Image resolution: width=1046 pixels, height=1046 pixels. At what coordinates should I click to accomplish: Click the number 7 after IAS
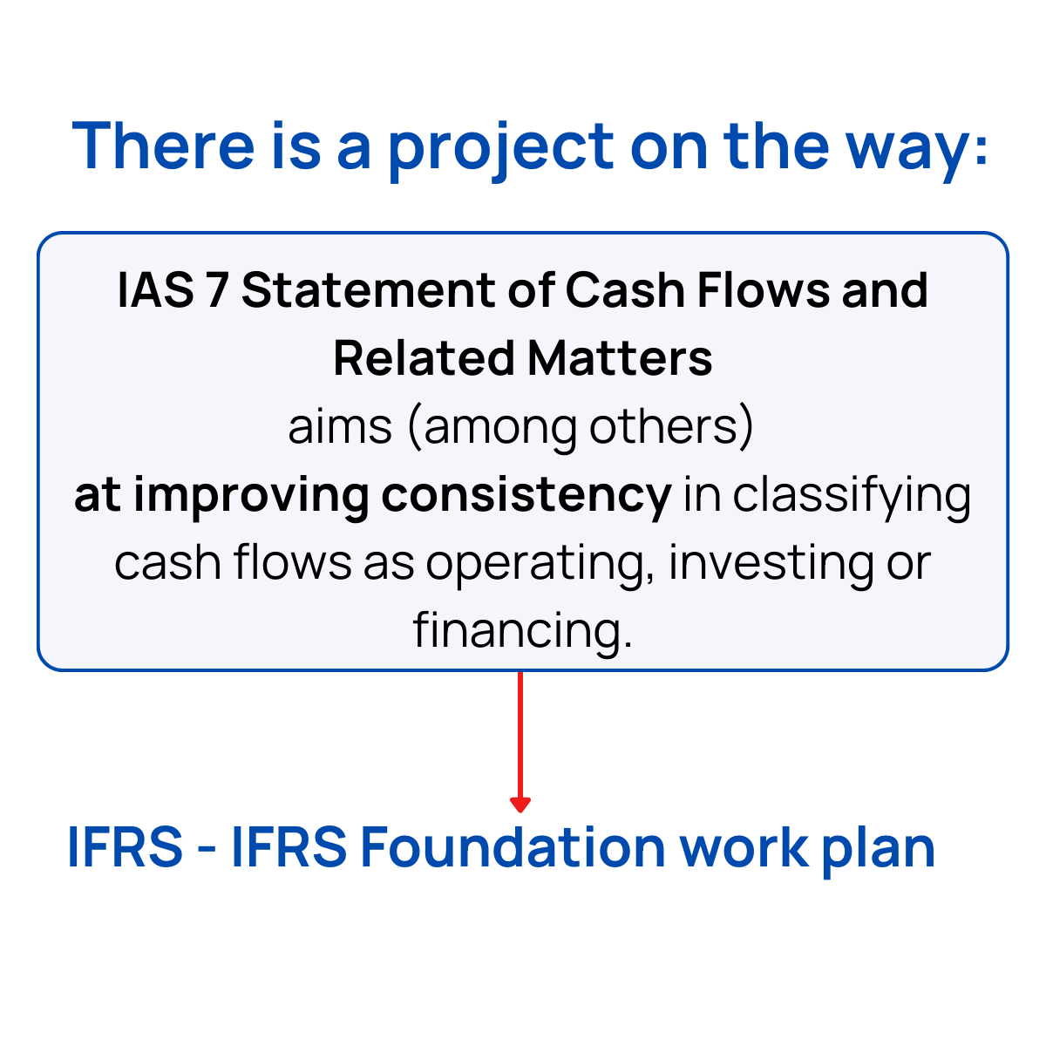coord(216,291)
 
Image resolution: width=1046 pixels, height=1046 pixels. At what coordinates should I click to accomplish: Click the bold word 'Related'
coord(423,358)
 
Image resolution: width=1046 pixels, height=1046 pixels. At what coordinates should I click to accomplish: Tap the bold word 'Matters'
coord(620,358)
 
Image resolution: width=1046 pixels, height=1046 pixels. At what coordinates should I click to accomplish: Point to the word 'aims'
coord(340,426)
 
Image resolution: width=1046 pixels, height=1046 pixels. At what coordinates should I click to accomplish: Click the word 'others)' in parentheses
coord(671,426)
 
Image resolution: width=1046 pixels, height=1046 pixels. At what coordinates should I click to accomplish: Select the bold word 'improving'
coord(253,495)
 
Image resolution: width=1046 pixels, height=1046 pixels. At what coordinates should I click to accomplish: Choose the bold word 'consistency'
coord(526,495)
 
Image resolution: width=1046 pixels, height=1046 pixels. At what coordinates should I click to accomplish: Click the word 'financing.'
coord(523,630)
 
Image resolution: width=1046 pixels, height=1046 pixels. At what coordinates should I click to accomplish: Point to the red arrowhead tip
coord(520,810)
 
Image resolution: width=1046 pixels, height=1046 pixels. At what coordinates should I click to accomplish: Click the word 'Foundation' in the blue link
coord(513,846)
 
